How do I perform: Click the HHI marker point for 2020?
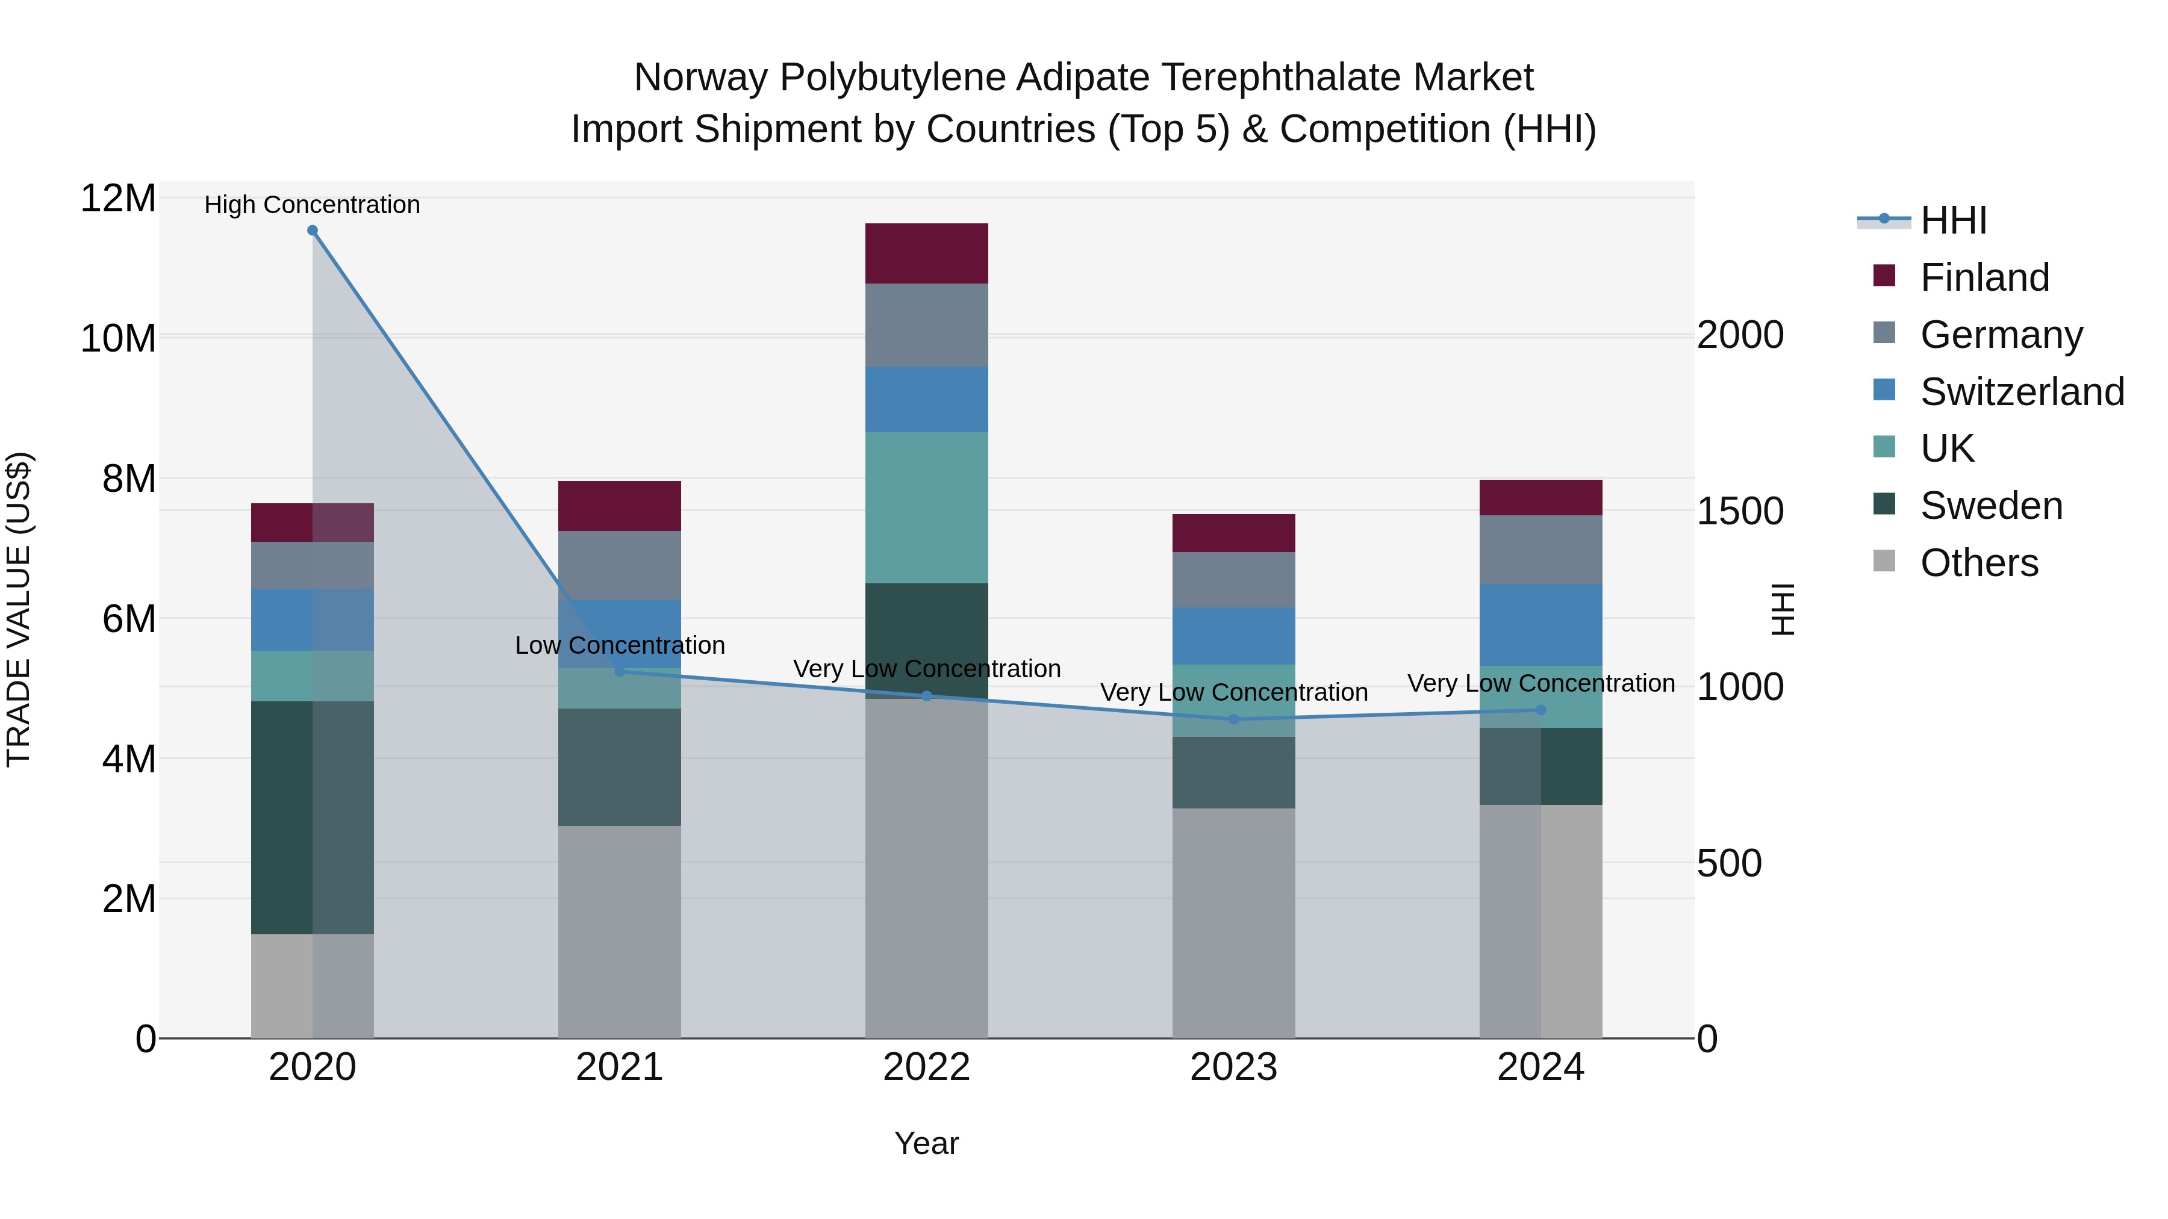(312, 231)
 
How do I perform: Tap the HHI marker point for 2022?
(927, 696)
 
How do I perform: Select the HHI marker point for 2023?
(1234, 719)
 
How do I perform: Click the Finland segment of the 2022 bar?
(927, 253)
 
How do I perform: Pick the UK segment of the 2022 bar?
(927, 507)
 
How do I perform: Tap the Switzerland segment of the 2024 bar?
(1541, 625)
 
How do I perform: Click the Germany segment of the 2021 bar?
(620, 565)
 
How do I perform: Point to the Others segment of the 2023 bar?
(1234, 923)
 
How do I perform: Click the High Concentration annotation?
(312, 205)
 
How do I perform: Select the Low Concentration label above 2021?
(620, 645)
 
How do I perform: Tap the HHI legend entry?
(1952, 220)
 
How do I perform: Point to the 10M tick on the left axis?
(118, 339)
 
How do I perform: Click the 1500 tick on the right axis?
(1740, 512)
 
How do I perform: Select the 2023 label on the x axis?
(1234, 1067)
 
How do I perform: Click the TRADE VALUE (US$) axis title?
(19, 609)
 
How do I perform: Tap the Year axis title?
(927, 1143)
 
